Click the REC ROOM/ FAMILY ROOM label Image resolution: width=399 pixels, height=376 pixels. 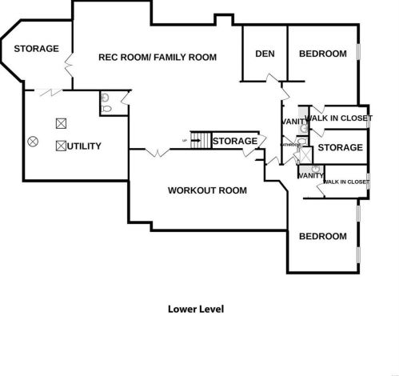click(158, 57)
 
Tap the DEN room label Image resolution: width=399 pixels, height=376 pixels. click(265, 54)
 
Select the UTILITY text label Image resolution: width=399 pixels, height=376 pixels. click(86, 146)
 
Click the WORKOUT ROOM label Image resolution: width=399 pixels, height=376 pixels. click(206, 190)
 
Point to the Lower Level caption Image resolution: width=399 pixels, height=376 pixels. click(195, 308)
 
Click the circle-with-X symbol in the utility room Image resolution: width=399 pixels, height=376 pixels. click(33, 141)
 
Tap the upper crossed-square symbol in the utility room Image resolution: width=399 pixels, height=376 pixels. click(61, 124)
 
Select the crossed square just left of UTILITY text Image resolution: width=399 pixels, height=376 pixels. click(61, 146)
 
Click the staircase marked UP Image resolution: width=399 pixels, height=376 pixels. click(200, 141)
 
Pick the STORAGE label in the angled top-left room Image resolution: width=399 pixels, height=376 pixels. click(36, 49)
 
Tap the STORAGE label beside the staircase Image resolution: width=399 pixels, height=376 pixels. click(235, 142)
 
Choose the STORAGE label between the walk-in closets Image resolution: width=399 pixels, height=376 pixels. click(340, 147)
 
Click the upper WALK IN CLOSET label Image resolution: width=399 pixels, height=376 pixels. click(339, 118)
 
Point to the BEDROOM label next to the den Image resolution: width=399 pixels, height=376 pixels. click(322, 54)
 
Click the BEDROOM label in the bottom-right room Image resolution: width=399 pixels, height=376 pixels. click(322, 236)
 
